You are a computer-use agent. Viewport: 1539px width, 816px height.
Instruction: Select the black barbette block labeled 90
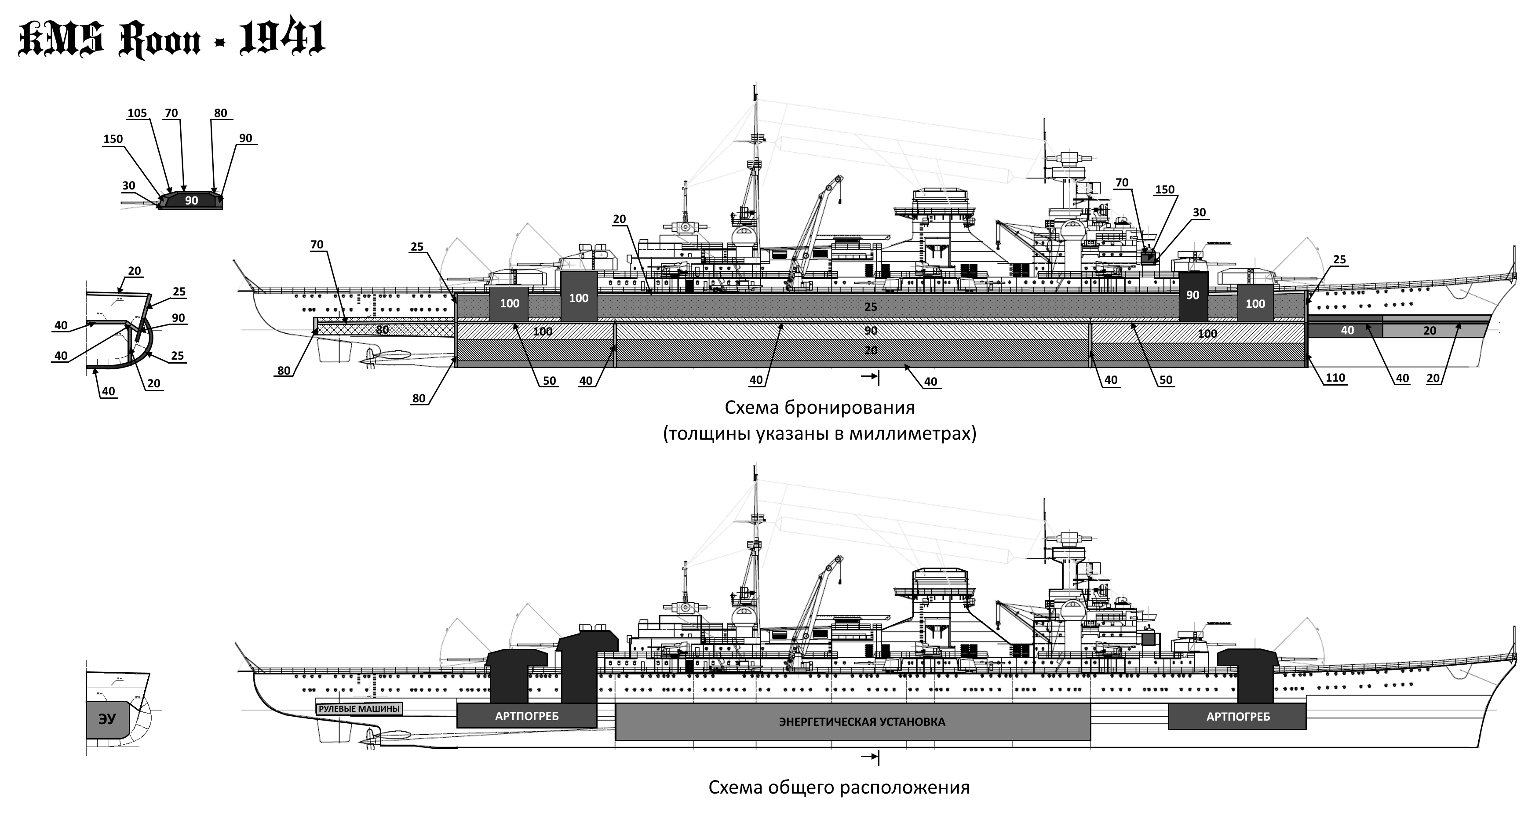pyautogui.click(x=1193, y=296)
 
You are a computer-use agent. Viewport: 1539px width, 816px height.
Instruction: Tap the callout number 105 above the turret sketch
pyautogui.click(x=137, y=113)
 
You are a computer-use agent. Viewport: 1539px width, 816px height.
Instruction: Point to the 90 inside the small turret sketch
pyautogui.click(x=191, y=201)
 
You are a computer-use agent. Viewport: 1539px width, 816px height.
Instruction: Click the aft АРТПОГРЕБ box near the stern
pyautogui.click(x=526, y=716)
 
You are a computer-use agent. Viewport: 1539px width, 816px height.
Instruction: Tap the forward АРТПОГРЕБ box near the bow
pyautogui.click(x=1237, y=717)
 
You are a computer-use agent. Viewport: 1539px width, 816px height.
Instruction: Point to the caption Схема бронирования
pyautogui.click(x=819, y=408)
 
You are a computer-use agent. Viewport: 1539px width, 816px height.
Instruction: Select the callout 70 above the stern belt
pyautogui.click(x=317, y=244)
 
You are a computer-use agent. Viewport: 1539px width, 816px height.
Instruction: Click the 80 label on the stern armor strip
pyautogui.click(x=383, y=330)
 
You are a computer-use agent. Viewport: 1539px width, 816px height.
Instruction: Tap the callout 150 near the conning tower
pyautogui.click(x=1164, y=189)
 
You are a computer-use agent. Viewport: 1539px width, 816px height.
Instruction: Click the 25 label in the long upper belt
pyautogui.click(x=871, y=307)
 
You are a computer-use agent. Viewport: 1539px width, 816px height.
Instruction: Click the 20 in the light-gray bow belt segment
pyautogui.click(x=1429, y=330)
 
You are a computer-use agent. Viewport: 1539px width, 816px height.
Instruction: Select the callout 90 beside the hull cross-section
pyautogui.click(x=178, y=318)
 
